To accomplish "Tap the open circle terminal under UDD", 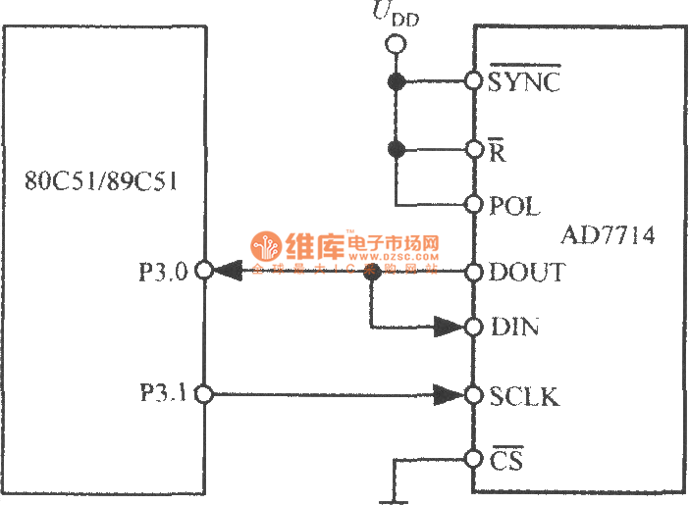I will (x=397, y=44).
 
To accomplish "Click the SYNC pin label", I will (x=524, y=81).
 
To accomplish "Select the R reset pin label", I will (x=498, y=151).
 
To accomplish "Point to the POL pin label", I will (x=514, y=206).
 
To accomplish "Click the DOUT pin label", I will (x=527, y=272).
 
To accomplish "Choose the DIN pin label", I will (x=514, y=327).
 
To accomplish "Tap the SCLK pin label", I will (x=524, y=396).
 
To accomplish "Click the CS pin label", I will (x=506, y=459).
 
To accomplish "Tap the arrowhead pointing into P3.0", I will (x=227, y=271).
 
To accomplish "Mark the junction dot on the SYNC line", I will (x=397, y=81).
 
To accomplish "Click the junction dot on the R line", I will (x=397, y=150).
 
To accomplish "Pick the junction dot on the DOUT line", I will (x=372, y=272).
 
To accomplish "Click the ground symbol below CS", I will (x=395, y=498).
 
